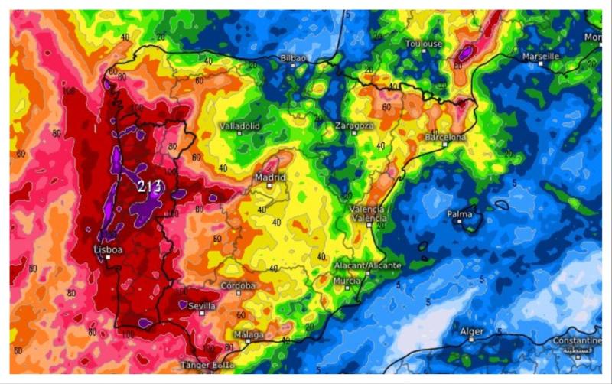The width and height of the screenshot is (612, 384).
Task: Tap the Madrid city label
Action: pyautogui.click(x=270, y=177)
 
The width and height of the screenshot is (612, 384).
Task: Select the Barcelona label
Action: pyautogui.click(x=445, y=137)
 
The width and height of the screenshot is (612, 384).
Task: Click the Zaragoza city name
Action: pyautogui.click(x=354, y=125)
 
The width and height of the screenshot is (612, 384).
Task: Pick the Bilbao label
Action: pyautogui.click(x=294, y=58)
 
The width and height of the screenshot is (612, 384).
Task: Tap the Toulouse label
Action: pyautogui.click(x=423, y=44)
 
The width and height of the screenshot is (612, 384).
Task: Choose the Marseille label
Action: pyautogui.click(x=541, y=57)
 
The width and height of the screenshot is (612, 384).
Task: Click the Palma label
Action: pyautogui.click(x=459, y=214)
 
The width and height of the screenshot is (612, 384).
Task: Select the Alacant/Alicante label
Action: pyautogui.click(x=367, y=265)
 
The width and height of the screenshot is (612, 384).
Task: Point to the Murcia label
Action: pyautogui.click(x=347, y=281)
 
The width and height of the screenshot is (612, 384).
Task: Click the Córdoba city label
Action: pyautogui.click(x=237, y=286)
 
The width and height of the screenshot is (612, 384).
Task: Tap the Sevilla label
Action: pyautogui.click(x=202, y=305)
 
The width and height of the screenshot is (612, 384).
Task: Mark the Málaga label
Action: pyautogui.click(x=249, y=335)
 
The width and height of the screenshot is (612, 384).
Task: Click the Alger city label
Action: pyautogui.click(x=472, y=331)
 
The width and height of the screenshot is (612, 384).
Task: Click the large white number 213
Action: pyautogui.click(x=150, y=186)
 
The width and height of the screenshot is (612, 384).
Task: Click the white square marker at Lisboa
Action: pyautogui.click(x=108, y=258)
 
